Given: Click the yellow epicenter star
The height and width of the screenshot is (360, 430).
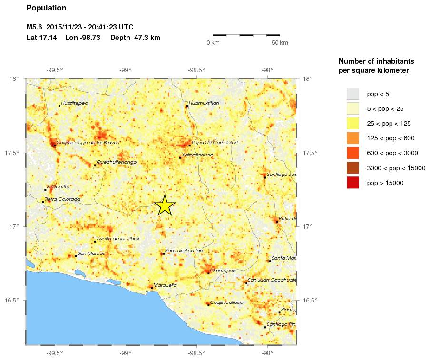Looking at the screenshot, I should tap(165, 205).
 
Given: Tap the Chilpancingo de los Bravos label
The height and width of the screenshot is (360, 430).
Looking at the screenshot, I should tap(88, 142).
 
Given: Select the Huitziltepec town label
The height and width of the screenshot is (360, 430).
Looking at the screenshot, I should tap(74, 103).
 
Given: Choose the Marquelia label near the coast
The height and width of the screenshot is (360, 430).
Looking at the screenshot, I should tap(165, 285).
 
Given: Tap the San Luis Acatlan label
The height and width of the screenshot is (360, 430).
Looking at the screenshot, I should tap(184, 251).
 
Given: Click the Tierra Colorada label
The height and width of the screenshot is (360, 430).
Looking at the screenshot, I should tap(62, 199).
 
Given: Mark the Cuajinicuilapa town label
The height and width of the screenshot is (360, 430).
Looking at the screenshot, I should tap(227, 302).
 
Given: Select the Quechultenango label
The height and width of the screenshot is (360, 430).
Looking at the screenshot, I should tap(117, 162).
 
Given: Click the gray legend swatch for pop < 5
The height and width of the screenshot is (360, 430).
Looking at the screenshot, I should tap(352, 93).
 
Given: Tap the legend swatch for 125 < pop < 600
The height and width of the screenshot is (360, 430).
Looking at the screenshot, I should tap(352, 138).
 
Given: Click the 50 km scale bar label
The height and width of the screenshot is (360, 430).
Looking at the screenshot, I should tap(280, 43).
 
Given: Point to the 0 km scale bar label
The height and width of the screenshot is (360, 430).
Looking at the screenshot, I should tap(213, 43).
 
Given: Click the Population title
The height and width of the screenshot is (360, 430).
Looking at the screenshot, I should tap(46, 8).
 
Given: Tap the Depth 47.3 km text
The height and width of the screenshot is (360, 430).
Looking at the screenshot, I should tap(135, 38).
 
